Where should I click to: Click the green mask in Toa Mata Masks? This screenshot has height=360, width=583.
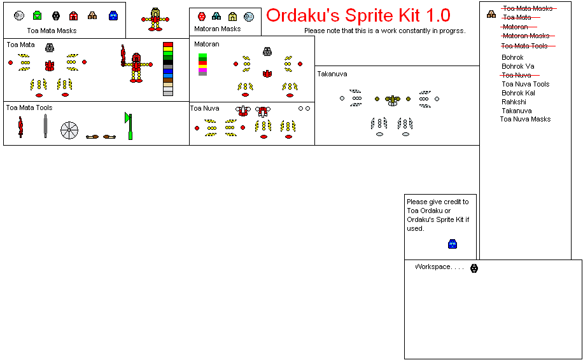click(x=38, y=15)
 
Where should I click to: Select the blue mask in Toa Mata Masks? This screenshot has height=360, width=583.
click(x=113, y=15)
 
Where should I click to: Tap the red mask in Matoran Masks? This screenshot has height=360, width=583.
click(x=202, y=17)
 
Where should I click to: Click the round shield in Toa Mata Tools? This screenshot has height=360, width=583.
click(x=69, y=130)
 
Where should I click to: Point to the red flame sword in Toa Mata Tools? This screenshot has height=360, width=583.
click(x=21, y=127)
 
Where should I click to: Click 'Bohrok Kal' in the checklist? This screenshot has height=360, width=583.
click(x=518, y=93)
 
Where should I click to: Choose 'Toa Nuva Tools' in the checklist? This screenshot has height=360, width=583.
click(x=525, y=84)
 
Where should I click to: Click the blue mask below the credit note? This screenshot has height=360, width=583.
click(x=453, y=244)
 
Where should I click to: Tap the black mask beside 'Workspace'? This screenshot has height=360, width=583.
click(x=474, y=268)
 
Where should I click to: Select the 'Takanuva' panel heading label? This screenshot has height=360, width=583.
click(x=332, y=74)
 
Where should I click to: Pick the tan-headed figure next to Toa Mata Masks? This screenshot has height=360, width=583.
click(x=155, y=20)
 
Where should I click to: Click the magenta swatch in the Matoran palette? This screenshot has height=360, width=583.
click(x=202, y=69)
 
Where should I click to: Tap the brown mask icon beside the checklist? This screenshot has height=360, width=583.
click(x=491, y=14)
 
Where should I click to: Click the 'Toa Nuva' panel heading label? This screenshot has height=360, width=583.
click(x=205, y=108)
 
